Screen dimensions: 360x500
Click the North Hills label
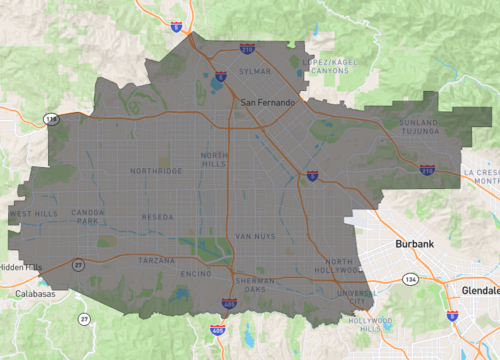(215, 160)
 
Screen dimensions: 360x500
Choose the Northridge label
(155, 171)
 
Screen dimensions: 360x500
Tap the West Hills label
(32, 214)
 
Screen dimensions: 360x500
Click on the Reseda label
(158, 217)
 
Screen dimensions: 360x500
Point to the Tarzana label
(156, 260)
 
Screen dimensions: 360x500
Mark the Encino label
(194, 272)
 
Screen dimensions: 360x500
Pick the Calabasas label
(35, 295)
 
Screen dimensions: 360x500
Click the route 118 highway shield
(50, 119)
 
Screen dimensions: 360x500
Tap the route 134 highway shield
(409, 279)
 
